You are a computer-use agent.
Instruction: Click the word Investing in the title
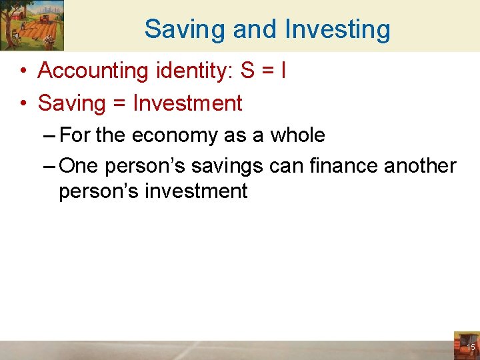[x=337, y=29]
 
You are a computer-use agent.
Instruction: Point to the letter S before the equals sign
[x=247, y=71]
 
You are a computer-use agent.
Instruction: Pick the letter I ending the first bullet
[x=283, y=71]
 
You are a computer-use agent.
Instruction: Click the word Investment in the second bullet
[x=187, y=103]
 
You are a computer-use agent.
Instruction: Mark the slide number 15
[x=470, y=348]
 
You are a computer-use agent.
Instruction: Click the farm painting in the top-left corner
[x=32, y=25]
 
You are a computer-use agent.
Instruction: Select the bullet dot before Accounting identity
[x=23, y=71]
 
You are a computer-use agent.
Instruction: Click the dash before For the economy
[x=49, y=136]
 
